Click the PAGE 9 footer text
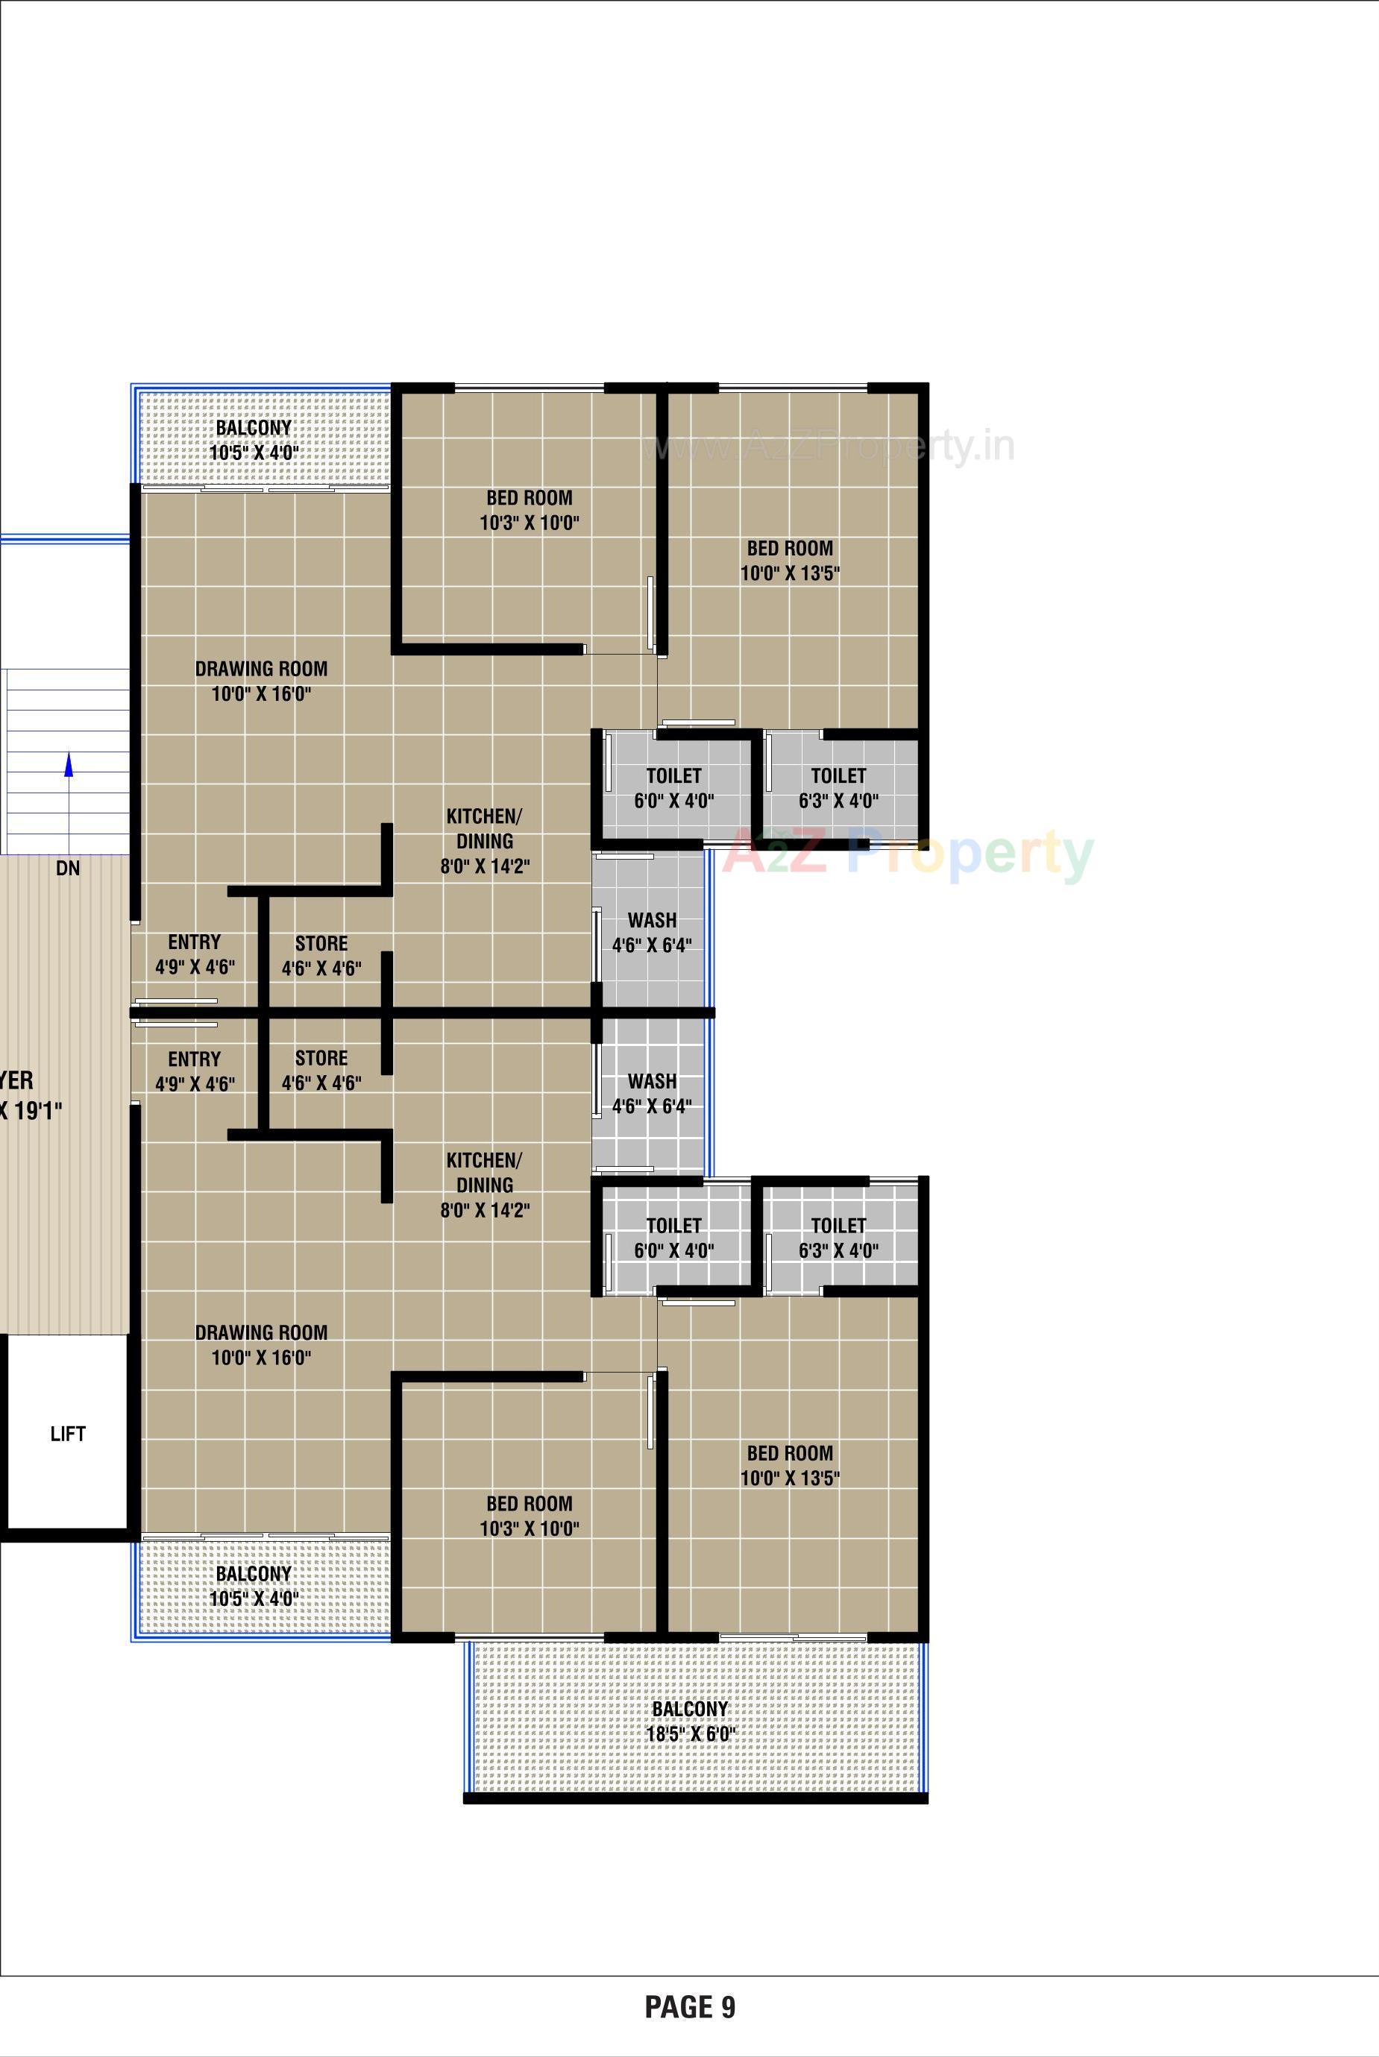689,2006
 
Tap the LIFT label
68,1434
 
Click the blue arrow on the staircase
69,765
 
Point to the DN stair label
68,869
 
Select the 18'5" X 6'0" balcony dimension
691,1734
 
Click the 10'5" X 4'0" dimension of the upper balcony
254,453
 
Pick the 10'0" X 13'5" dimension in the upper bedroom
790,573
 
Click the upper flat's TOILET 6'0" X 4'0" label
673,787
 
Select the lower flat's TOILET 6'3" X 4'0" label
838,1238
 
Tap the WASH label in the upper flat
652,920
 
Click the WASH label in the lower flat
652,1081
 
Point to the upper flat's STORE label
321,943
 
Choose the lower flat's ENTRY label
195,1059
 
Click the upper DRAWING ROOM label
261,669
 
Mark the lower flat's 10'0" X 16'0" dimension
261,1357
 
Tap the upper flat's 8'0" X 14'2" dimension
485,866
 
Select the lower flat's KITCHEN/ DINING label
485,1172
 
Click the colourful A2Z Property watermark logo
908,853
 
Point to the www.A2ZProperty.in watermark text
829,446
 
